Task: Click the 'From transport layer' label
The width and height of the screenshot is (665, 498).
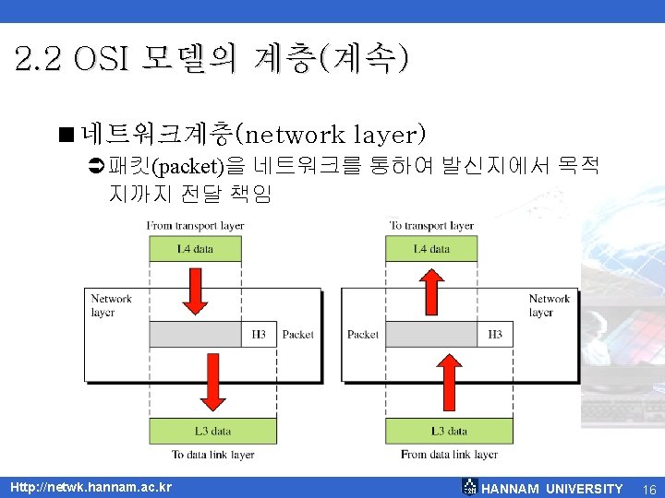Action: point(195,226)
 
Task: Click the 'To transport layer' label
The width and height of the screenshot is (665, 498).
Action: point(431,226)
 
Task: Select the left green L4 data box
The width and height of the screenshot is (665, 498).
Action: point(195,249)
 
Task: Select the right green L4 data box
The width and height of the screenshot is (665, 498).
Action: point(431,249)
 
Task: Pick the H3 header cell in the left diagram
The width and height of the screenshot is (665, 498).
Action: point(260,335)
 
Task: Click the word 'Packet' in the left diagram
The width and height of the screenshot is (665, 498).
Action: point(297,335)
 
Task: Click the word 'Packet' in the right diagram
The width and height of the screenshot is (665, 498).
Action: point(363,335)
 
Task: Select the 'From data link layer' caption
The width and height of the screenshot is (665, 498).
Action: point(449,455)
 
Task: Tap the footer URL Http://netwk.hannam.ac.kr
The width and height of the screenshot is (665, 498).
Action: point(90,487)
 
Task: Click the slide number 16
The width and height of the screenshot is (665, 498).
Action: point(648,488)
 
